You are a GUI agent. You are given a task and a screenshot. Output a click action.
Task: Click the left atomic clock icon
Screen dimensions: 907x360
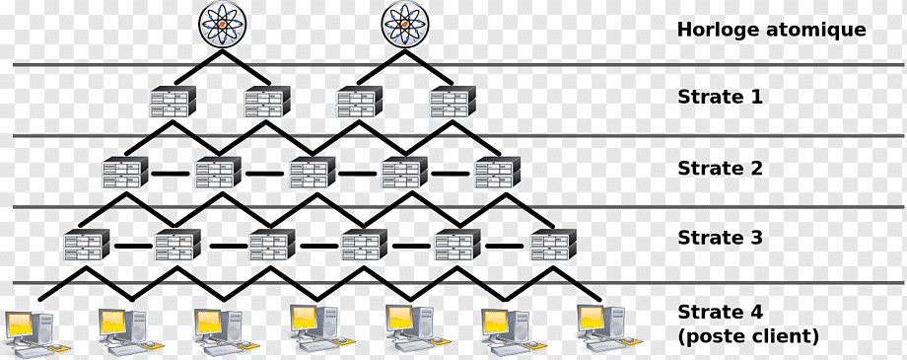(223, 25)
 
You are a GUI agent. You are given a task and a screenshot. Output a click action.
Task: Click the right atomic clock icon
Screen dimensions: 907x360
(405, 25)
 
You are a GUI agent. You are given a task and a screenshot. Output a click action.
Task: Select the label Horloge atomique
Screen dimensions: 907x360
(772, 30)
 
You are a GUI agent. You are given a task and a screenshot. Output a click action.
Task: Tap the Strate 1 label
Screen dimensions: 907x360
(720, 97)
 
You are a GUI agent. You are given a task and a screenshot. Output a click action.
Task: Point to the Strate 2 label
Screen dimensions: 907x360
(720, 168)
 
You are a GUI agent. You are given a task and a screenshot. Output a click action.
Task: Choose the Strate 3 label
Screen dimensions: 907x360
(720, 238)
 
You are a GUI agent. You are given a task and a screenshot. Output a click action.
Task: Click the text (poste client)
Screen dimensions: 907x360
(748, 336)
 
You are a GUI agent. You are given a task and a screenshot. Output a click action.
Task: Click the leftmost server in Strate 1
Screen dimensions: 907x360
(173, 102)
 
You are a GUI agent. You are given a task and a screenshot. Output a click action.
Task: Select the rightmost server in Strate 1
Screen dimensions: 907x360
(453, 102)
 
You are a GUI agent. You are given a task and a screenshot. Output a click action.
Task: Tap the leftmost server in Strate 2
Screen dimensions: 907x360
(125, 172)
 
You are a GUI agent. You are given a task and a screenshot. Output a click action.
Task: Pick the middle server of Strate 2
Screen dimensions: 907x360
(313, 172)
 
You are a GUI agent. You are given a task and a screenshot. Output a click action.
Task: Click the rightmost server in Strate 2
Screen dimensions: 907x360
(498, 172)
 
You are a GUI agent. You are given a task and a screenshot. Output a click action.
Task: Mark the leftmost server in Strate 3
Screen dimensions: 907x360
(86, 245)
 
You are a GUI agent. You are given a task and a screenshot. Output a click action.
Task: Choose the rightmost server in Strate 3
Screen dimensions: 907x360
(554, 245)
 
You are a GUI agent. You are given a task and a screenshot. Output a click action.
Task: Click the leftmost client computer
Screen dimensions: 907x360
(35, 332)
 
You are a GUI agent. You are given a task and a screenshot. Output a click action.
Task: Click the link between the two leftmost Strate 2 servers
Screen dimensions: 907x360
(170, 173)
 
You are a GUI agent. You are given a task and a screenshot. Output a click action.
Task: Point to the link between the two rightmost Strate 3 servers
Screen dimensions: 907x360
(504, 246)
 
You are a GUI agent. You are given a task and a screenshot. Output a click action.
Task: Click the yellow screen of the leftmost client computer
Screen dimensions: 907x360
(19, 324)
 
